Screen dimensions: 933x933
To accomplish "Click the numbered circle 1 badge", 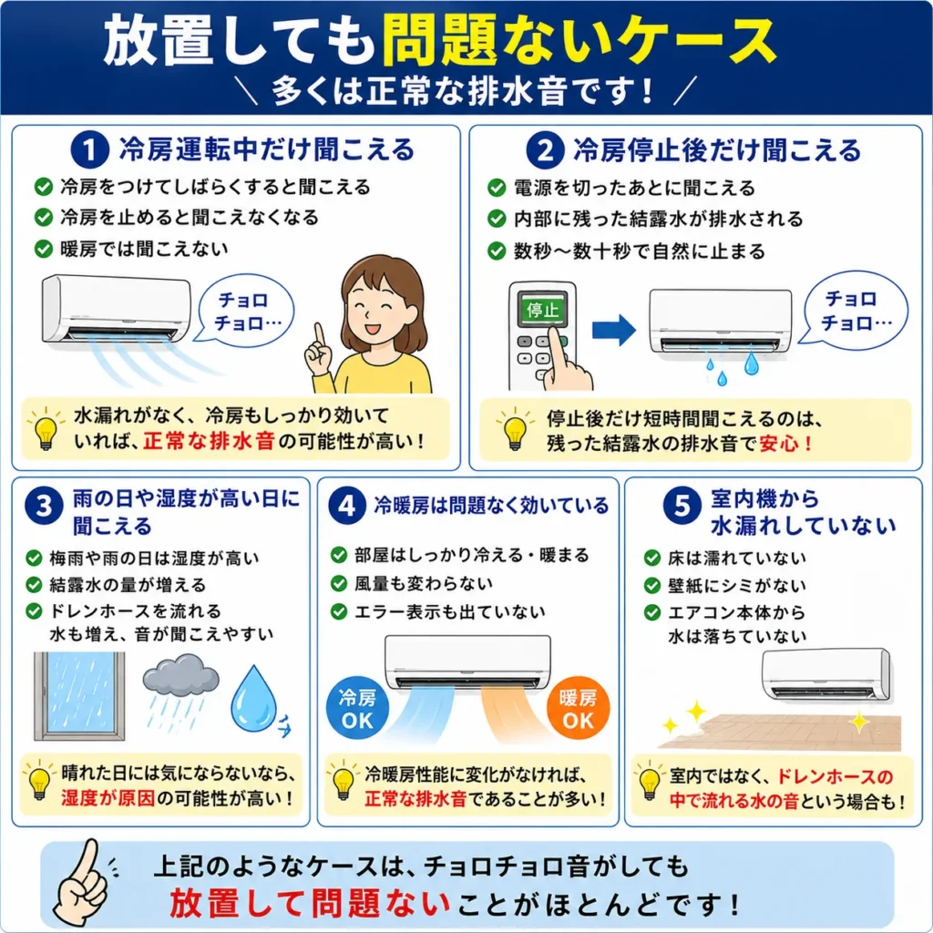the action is point(89,149).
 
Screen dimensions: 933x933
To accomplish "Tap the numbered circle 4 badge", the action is point(346,507).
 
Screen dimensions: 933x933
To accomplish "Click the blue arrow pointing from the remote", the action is point(614,329).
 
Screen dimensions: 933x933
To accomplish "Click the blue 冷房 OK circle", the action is point(357,709).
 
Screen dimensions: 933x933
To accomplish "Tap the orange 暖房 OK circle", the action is point(578,709).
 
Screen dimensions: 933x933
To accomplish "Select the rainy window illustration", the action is point(79,695).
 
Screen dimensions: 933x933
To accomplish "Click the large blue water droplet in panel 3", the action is point(254,698).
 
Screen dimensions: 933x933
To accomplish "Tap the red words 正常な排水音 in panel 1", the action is point(209,441).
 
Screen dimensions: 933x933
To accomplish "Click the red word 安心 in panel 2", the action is point(780,444).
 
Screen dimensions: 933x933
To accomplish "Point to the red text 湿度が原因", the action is point(108,798).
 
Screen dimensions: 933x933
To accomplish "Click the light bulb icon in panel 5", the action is point(649,781).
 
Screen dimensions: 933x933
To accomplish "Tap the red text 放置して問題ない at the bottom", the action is point(310,903).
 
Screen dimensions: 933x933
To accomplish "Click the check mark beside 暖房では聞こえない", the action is point(44,249).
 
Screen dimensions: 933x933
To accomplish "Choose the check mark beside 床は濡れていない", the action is point(652,559).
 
